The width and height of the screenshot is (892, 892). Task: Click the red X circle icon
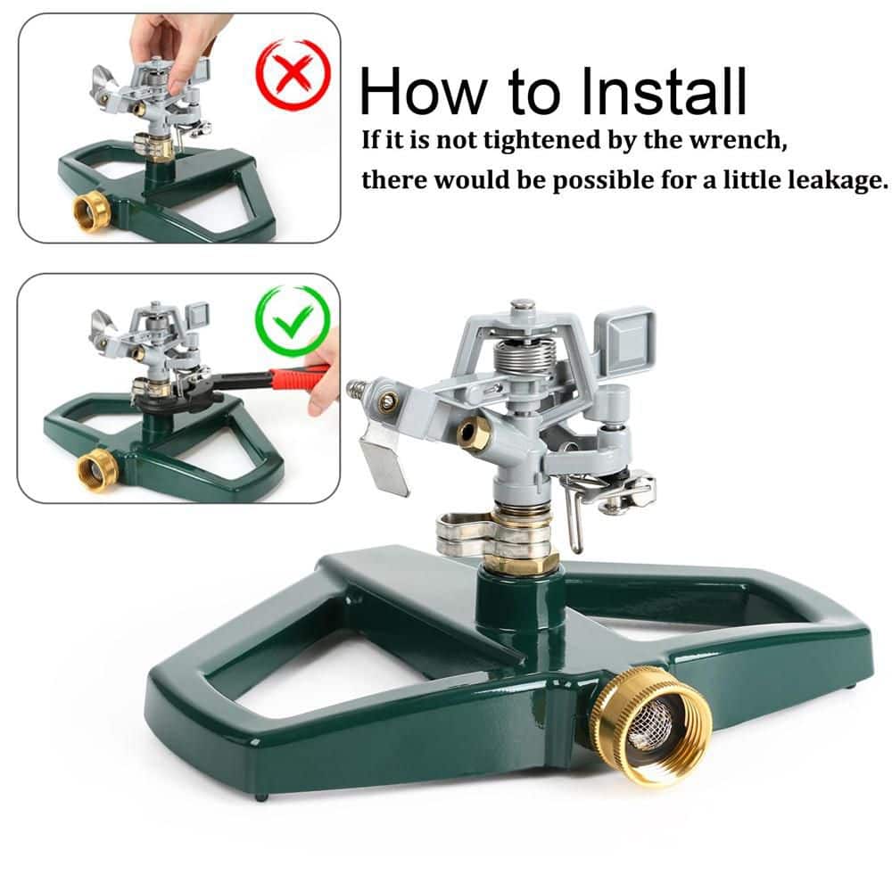(x=293, y=74)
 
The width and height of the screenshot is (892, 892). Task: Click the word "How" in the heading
(x=423, y=92)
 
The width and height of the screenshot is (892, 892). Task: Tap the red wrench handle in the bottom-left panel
(x=300, y=377)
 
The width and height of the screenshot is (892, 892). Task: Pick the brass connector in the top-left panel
(x=92, y=211)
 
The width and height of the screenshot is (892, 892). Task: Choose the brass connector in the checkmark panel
(x=97, y=470)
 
